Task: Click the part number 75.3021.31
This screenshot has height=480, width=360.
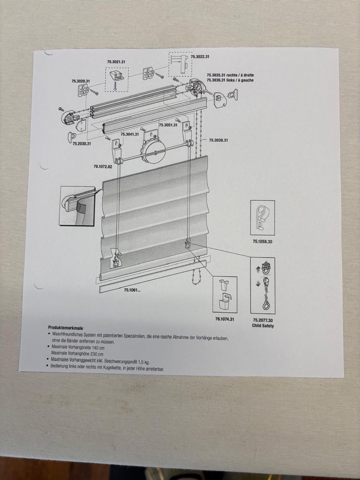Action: (x=116, y=62)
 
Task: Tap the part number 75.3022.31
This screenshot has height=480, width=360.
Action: (x=200, y=57)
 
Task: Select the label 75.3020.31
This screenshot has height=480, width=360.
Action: (x=81, y=81)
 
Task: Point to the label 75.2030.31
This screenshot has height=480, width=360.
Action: (x=82, y=144)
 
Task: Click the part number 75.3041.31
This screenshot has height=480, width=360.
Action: (x=130, y=134)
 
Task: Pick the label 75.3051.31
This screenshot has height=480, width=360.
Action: (x=168, y=125)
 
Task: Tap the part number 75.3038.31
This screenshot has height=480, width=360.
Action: (x=218, y=140)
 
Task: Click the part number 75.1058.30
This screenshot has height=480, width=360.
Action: (x=262, y=242)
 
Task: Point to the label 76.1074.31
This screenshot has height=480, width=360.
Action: (x=224, y=319)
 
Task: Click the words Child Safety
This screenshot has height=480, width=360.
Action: (x=263, y=326)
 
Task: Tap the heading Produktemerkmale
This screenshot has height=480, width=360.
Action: (x=66, y=328)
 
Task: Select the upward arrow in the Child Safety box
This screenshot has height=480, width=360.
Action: (x=258, y=269)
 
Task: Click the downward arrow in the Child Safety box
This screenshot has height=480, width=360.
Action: (x=258, y=284)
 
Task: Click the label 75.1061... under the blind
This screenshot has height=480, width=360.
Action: (x=132, y=290)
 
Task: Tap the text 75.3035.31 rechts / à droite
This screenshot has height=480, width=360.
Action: (x=230, y=75)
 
